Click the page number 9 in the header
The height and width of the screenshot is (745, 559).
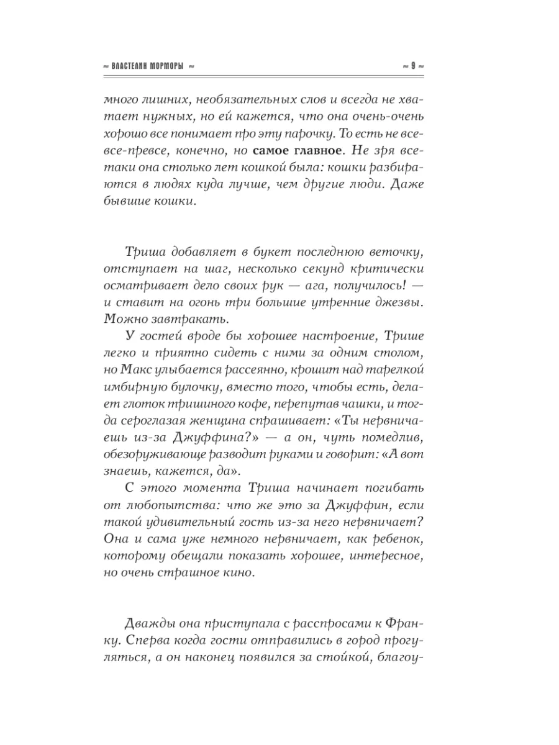(x=412, y=66)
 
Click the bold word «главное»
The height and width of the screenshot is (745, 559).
(x=309, y=150)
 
